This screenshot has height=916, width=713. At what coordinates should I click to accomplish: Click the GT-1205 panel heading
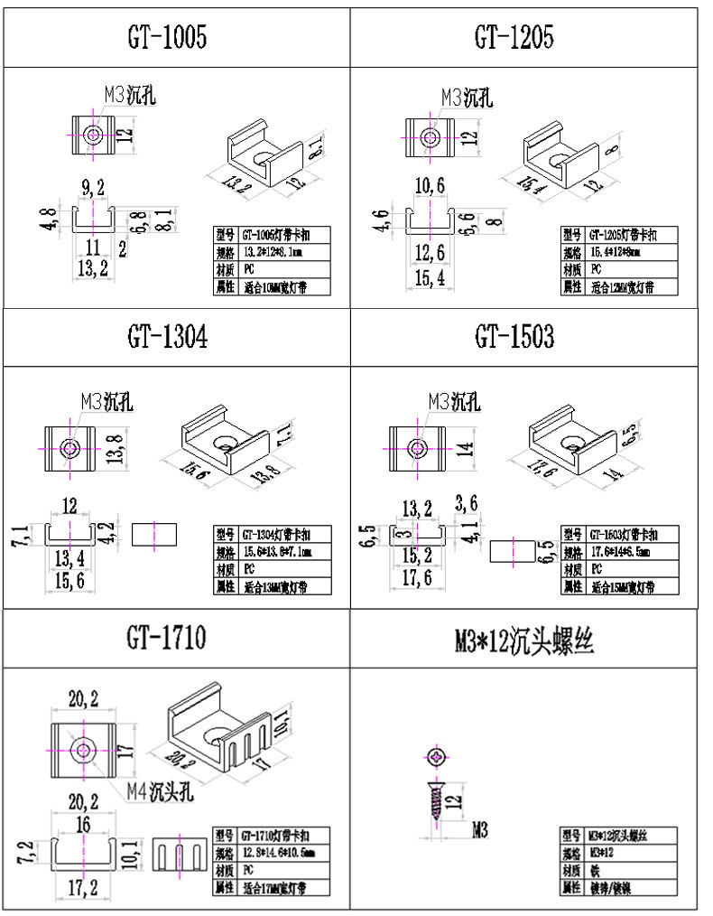pyautogui.click(x=514, y=37)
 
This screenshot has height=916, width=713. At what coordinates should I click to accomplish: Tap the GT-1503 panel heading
pyautogui.click(x=514, y=337)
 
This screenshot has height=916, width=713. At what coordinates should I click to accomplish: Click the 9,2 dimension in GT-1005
pyautogui.click(x=93, y=188)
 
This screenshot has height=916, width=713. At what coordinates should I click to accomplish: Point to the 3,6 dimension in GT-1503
pyautogui.click(x=468, y=502)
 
